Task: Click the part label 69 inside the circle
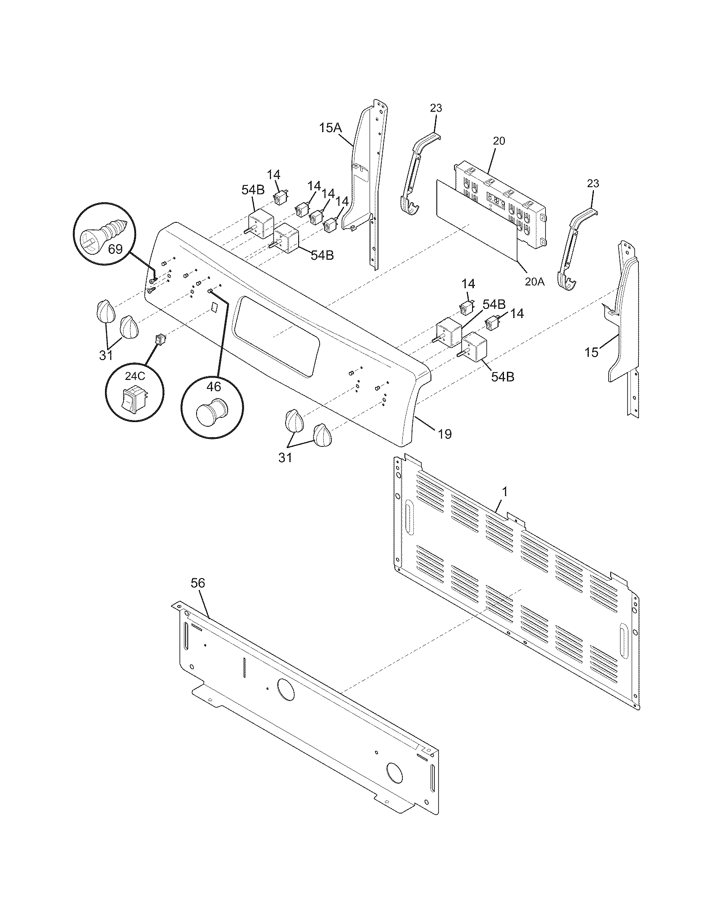point(115,249)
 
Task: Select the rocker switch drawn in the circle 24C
point(133,398)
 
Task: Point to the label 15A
point(331,128)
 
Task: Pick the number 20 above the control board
point(499,141)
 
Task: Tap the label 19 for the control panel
point(444,434)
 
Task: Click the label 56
point(197,583)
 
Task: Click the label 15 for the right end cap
point(592,352)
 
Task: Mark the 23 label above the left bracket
point(436,108)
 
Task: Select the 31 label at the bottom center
point(285,457)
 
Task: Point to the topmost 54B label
point(253,190)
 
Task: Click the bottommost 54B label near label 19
point(502,377)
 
